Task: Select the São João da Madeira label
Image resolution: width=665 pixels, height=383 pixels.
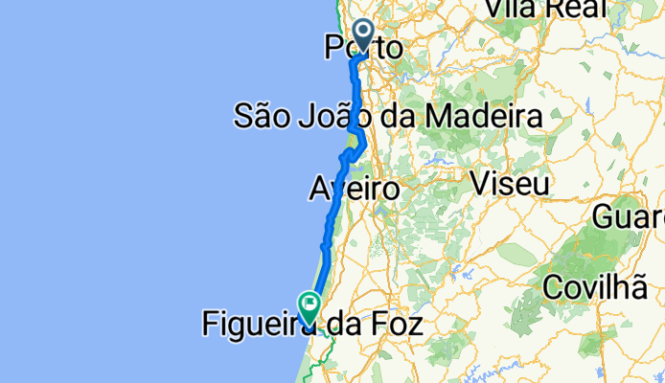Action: coord(388,117)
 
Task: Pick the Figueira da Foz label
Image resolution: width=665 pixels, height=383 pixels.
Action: coord(311,326)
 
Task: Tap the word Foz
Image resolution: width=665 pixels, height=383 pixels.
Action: coord(394,326)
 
